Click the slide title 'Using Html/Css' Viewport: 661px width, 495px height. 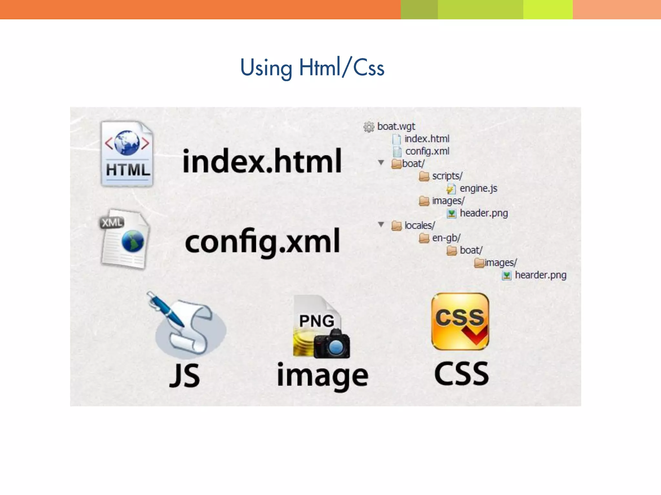point(312,68)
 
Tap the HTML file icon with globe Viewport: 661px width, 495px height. point(127,154)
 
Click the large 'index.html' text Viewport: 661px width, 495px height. point(262,161)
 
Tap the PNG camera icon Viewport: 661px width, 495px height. point(321,327)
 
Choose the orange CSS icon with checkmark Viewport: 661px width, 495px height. point(460,322)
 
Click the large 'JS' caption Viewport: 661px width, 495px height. point(185,375)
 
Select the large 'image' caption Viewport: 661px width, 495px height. point(322,376)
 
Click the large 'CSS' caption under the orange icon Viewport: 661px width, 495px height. point(461,374)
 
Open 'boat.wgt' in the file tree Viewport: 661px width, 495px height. point(396,127)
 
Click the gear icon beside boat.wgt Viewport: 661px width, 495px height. point(369,127)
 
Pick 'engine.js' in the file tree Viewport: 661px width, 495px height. point(478,189)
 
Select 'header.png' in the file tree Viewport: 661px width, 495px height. point(483,213)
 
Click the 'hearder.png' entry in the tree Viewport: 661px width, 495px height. point(540,275)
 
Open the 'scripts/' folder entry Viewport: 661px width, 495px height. point(447,176)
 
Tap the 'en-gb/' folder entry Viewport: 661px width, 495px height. point(446,238)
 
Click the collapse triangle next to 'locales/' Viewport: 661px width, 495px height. point(381,225)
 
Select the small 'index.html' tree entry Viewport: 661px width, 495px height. point(427,139)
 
